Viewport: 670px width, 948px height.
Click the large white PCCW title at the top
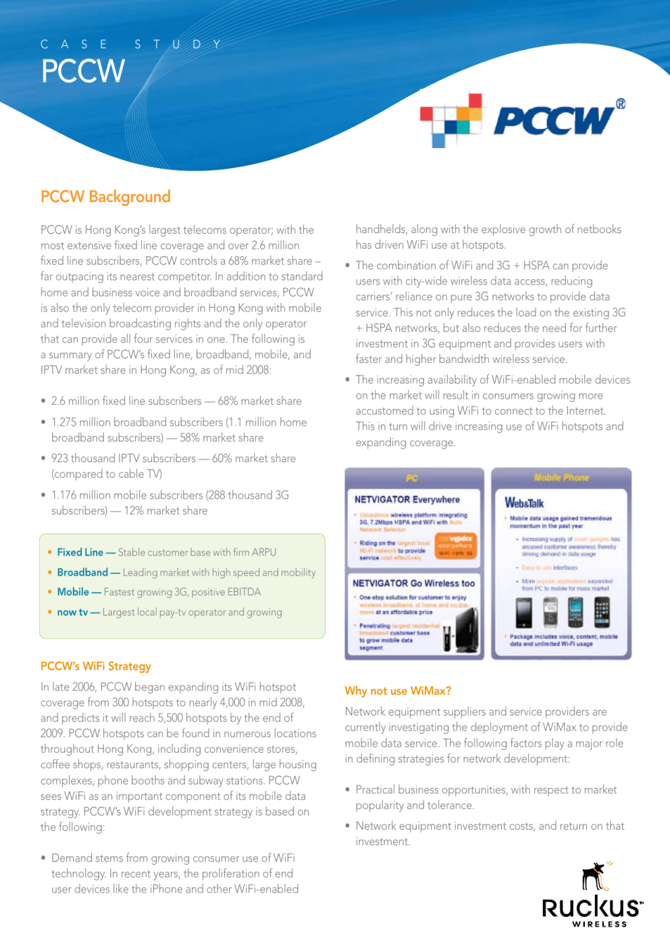coord(83,71)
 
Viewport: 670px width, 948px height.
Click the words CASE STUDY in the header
coord(131,45)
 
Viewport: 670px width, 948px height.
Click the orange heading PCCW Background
coord(105,197)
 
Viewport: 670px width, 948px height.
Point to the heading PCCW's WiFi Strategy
coord(96,666)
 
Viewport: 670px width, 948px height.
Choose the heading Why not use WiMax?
coord(398,691)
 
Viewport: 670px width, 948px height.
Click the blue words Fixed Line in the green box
coord(80,552)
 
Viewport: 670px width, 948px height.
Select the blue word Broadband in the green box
coord(82,572)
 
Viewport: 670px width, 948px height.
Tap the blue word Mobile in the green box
coord(73,592)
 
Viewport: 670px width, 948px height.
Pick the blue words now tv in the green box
coord(72,612)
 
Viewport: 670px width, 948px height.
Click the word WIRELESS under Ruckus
coord(600,924)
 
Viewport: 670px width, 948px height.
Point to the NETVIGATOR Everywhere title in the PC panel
coord(407,499)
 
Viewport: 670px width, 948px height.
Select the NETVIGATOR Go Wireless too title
coord(413,583)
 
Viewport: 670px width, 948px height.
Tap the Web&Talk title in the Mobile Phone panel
coord(524,503)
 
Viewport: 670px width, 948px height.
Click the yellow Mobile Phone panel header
coord(561,478)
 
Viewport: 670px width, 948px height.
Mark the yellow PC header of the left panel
coord(412,478)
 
